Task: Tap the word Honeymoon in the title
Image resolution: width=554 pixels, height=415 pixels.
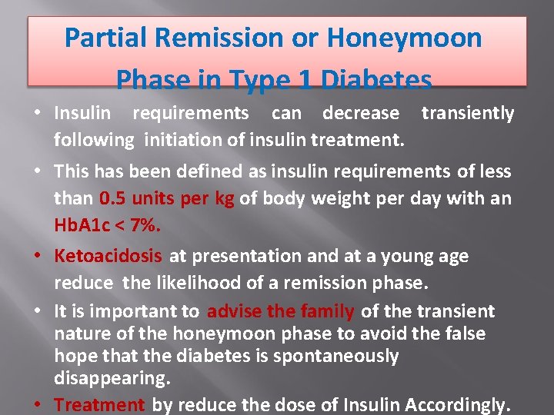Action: (x=419, y=37)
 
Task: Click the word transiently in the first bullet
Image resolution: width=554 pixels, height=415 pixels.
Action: (x=468, y=114)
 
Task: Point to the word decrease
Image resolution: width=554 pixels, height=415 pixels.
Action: (x=361, y=114)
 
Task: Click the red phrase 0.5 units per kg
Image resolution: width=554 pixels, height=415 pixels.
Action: (x=167, y=198)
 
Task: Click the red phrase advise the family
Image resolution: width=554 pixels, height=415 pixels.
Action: (x=281, y=311)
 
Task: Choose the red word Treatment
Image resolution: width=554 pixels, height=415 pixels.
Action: (x=99, y=404)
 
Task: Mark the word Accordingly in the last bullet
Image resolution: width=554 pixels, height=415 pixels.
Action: (x=456, y=404)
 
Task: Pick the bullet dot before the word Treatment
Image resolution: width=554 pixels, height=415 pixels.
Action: (x=38, y=405)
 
